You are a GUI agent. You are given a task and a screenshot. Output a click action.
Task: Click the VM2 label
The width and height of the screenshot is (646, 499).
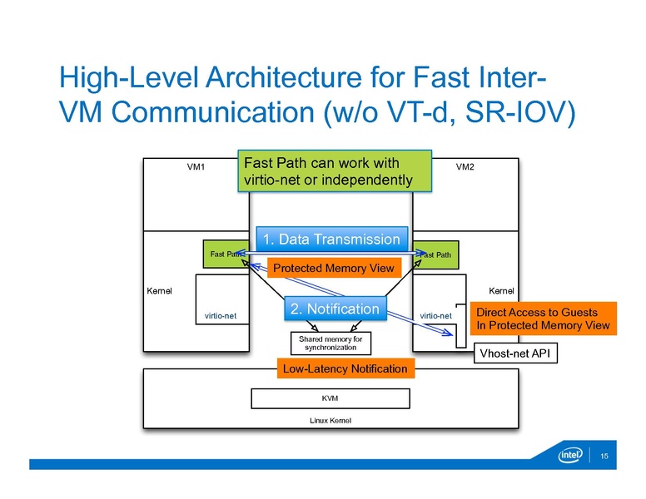pos(465,166)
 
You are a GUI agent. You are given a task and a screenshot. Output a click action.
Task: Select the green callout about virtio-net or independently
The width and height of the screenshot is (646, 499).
pos(335,170)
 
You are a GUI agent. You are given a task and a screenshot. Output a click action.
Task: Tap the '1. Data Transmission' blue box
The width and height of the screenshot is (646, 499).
pos(331,240)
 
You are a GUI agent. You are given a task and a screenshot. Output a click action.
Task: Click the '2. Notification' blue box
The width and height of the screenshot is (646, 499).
pos(335,309)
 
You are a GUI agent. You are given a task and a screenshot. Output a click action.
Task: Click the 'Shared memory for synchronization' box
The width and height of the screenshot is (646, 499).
pos(330,343)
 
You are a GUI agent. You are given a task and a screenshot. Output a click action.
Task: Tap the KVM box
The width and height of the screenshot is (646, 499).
pos(330,398)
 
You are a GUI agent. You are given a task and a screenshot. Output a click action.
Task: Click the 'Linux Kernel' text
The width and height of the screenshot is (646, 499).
pos(330,420)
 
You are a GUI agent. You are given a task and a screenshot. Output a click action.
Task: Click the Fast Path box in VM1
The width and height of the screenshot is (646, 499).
pos(225,253)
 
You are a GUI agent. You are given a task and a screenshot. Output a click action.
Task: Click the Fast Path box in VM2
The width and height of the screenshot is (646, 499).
pos(437,253)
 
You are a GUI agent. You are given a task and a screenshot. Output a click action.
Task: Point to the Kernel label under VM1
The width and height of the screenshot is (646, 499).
pos(159,291)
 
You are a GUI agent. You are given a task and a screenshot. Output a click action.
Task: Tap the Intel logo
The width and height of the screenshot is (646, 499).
pos(571,457)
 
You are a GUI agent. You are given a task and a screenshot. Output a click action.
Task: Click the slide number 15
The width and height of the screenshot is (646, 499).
pos(604,457)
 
